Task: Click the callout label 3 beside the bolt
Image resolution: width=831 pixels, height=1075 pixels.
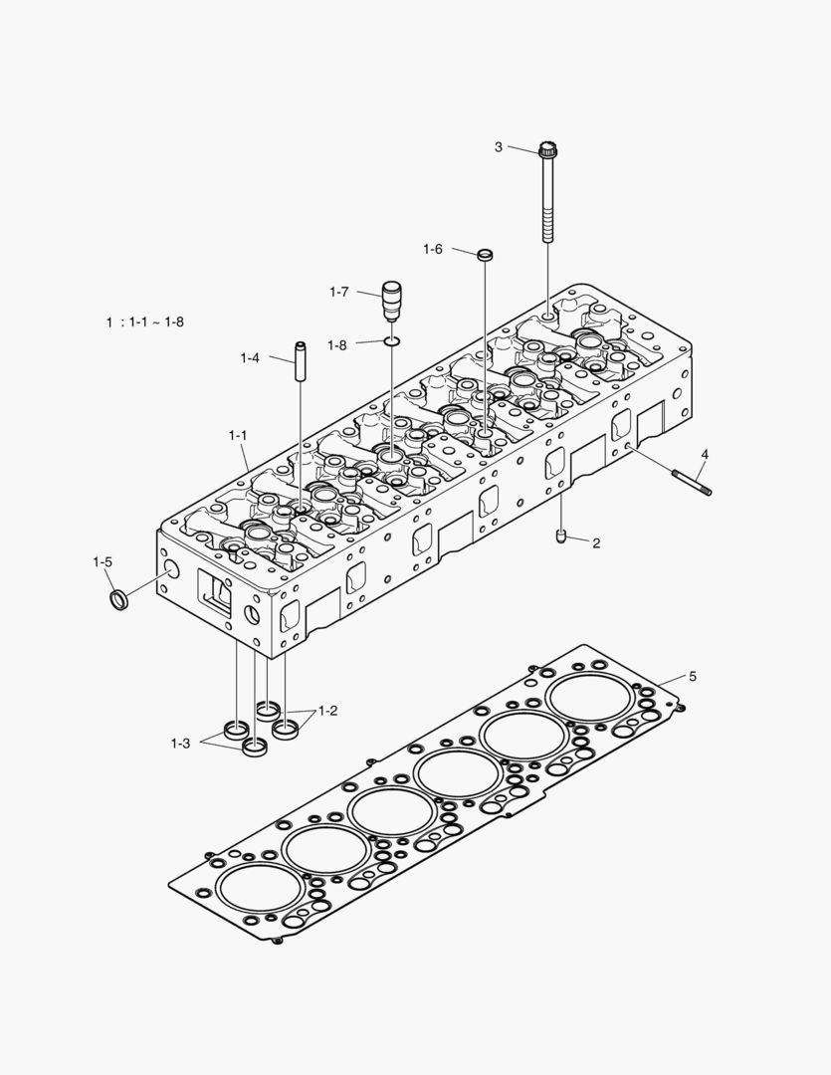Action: [x=499, y=147]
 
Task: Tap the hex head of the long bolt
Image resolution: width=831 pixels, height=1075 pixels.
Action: [x=546, y=152]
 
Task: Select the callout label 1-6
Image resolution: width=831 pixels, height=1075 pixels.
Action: [x=432, y=249]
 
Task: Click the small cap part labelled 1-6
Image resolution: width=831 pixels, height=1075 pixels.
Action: [x=485, y=256]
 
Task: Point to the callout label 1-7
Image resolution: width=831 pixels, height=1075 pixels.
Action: [x=338, y=292]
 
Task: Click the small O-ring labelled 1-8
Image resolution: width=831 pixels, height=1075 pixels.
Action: [x=392, y=343]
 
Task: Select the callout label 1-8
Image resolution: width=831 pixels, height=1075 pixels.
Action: [x=338, y=344]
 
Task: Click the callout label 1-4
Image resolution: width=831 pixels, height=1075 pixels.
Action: [x=250, y=357]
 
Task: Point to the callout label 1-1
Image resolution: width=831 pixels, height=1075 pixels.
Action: [x=238, y=435]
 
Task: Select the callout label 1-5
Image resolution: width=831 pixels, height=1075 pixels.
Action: [x=103, y=562]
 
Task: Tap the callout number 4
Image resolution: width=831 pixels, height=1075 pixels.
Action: [x=704, y=454]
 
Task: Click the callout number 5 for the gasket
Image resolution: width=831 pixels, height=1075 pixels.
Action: [x=693, y=677]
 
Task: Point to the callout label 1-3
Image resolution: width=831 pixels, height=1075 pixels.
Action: [x=180, y=743]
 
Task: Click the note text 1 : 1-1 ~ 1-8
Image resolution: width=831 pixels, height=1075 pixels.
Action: [x=145, y=322]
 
